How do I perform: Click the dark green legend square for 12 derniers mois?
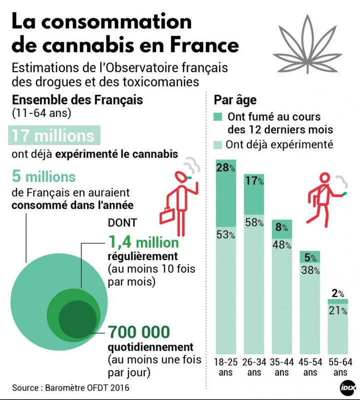coord(219,117)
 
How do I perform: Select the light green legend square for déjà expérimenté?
coord(219,145)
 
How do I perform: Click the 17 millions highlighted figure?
coord(53,135)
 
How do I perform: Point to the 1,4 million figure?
coord(142,243)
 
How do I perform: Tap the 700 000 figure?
coord(139,331)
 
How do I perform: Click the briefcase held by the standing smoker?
coord(166,216)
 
